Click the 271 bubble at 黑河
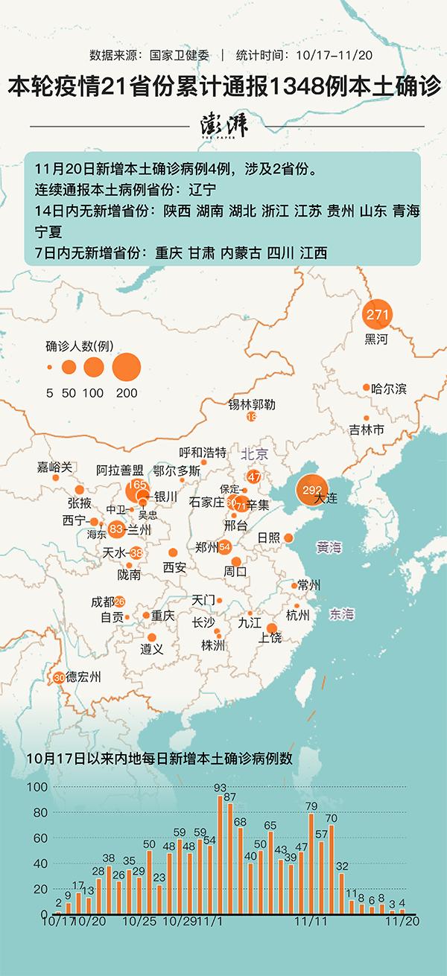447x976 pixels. click(x=377, y=315)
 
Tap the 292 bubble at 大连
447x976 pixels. click(x=311, y=490)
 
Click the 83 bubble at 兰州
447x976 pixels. click(x=116, y=529)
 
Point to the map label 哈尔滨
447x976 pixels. click(x=389, y=388)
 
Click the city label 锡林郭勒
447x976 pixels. click(x=252, y=404)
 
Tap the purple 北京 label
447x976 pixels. click(x=254, y=453)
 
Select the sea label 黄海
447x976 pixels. click(x=329, y=548)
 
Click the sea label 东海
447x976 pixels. click(x=342, y=614)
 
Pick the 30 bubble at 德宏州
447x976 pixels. click(x=59, y=677)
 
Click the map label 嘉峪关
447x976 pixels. click(x=54, y=467)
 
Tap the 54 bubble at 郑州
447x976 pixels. click(x=225, y=547)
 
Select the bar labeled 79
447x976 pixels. click(x=311, y=864)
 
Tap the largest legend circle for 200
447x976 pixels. click(x=127, y=366)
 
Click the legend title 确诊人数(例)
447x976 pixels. click(x=79, y=345)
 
